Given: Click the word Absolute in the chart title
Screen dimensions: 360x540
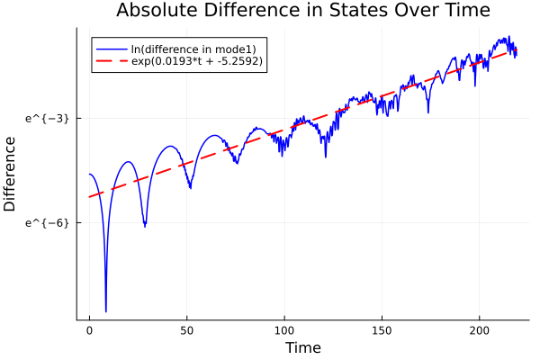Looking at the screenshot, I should [156, 11].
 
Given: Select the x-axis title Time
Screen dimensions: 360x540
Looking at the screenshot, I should [302, 347].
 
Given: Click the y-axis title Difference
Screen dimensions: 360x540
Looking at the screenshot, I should [11, 174].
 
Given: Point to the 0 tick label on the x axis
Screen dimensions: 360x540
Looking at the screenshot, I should [89, 329].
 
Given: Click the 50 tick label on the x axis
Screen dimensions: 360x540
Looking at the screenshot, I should [186, 329].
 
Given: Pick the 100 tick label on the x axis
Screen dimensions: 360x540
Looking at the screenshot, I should [284, 329].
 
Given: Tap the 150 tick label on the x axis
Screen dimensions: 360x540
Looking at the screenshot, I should [382, 329].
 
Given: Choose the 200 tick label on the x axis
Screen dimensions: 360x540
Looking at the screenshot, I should [480, 329].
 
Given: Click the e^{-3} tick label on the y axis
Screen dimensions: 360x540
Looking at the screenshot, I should [47, 118].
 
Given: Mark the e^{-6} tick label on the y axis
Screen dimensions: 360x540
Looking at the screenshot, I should [47, 222].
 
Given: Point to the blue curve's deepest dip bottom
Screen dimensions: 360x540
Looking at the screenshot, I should [106, 311].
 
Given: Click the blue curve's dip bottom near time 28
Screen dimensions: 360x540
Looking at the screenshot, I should [144, 226].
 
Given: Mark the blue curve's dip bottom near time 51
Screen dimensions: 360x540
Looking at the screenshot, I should [190, 188].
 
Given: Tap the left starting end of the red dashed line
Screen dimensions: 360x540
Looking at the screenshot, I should [89, 197].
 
